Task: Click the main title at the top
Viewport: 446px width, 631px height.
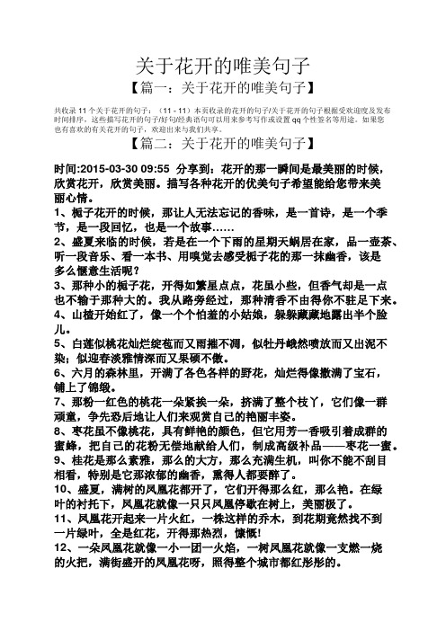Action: [222, 66]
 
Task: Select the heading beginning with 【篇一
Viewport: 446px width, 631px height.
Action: [222, 87]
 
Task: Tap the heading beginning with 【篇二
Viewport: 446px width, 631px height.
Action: [222, 142]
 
